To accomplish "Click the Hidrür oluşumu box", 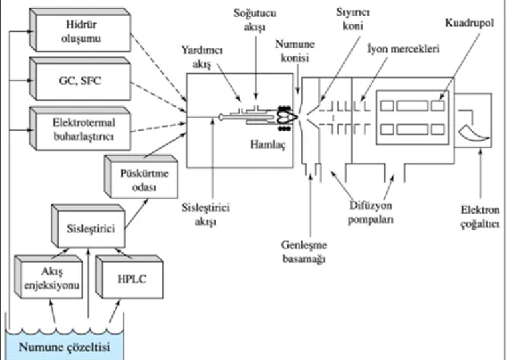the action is [80, 30].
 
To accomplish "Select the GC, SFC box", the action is [80, 79].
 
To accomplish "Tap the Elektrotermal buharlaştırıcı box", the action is [80, 129].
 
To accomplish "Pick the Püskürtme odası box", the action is [141, 177].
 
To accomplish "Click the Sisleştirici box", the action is [88, 226].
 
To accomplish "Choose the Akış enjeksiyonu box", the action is [48, 277].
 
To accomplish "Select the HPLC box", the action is [129, 277].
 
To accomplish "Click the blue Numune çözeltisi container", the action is [64, 345].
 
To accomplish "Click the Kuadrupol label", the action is [470, 23].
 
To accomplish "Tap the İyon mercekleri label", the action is [404, 49].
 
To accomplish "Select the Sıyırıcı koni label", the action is [353, 19].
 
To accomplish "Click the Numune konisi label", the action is [295, 51].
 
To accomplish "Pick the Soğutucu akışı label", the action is [255, 20].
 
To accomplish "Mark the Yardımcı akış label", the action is [202, 57].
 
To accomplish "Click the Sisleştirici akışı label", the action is [206, 214].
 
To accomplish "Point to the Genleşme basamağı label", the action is [304, 251].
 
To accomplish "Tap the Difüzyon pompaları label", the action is [371, 212].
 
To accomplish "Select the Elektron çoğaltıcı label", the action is [480, 217].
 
